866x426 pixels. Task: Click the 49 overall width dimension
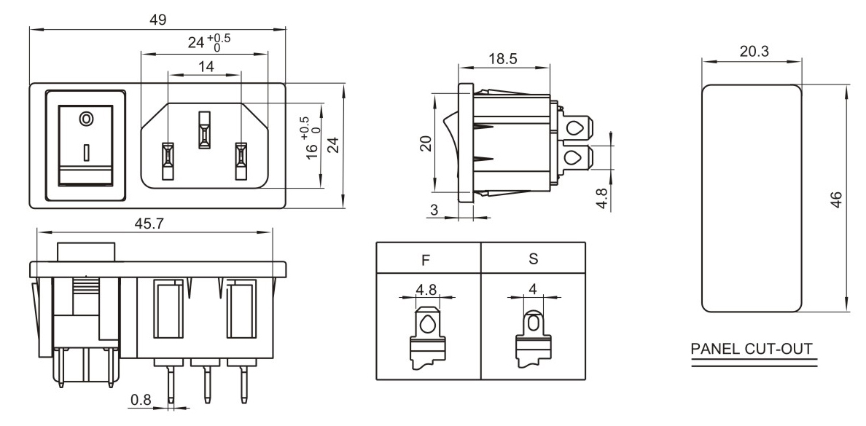coord(157,20)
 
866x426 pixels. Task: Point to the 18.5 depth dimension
coord(502,59)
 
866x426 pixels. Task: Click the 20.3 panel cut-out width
coord(752,52)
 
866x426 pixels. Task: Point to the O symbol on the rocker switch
coord(87,117)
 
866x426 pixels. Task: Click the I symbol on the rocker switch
coord(87,151)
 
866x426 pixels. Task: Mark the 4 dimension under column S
coord(533,289)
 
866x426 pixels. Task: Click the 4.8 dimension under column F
coord(426,289)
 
